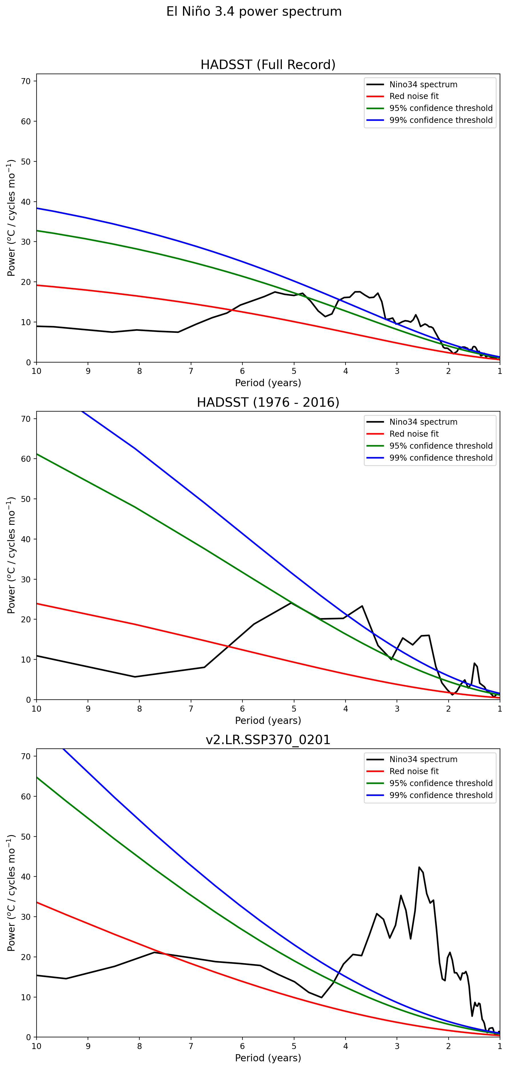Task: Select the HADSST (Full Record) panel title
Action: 268,65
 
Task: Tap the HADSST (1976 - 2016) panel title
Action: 268,402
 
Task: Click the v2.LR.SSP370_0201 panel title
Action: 268,740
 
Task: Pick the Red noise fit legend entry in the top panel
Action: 414,96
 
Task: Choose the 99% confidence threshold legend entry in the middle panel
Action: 441,458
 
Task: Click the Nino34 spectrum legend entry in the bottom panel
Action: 423,760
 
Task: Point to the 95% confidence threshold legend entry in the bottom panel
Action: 441,783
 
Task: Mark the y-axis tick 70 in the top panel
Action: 26,81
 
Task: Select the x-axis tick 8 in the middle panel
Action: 140,708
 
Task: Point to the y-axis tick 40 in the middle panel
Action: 26,539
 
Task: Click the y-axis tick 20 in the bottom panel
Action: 26,957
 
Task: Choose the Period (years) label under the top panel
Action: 268,382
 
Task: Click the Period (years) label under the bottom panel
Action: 268,1058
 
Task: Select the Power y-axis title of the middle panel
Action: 11,555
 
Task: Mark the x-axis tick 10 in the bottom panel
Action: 37,1046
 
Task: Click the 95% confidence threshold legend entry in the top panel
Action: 441,108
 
